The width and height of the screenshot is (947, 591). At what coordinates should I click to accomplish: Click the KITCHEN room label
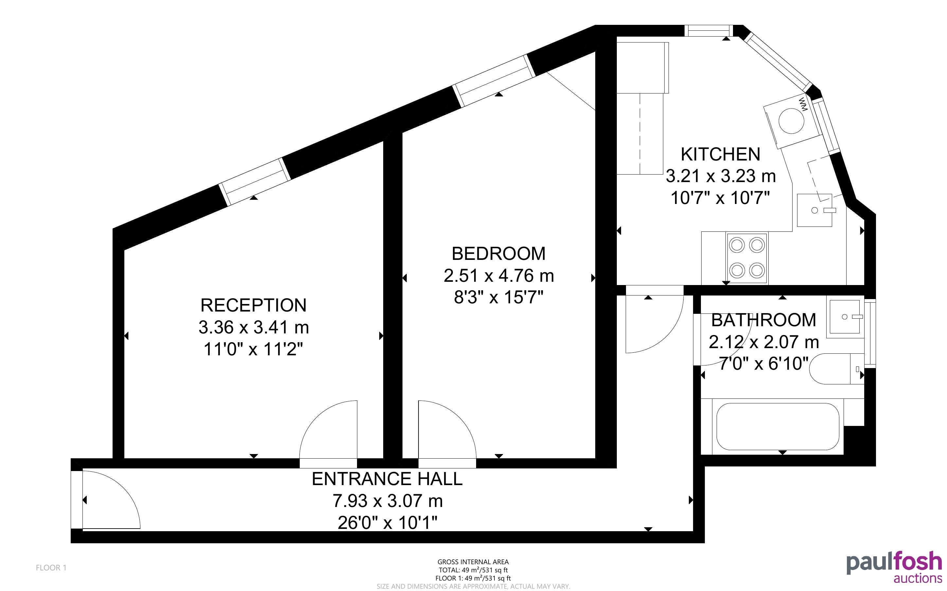[721, 154]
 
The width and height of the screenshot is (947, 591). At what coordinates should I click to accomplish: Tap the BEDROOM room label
[499, 254]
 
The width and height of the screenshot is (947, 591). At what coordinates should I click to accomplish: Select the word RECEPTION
[254, 305]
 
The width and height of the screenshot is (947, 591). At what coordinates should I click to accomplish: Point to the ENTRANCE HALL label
[387, 479]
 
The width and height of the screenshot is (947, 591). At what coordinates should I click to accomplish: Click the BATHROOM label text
[763, 320]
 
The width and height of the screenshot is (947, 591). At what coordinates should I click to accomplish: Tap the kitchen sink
[815, 210]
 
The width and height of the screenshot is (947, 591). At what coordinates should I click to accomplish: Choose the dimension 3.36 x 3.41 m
[254, 327]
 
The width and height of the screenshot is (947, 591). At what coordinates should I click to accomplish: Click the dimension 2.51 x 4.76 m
[499, 276]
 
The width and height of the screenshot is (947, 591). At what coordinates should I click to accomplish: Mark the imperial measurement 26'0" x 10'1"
[387, 523]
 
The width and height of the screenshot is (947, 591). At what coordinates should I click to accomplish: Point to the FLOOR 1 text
[51, 567]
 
